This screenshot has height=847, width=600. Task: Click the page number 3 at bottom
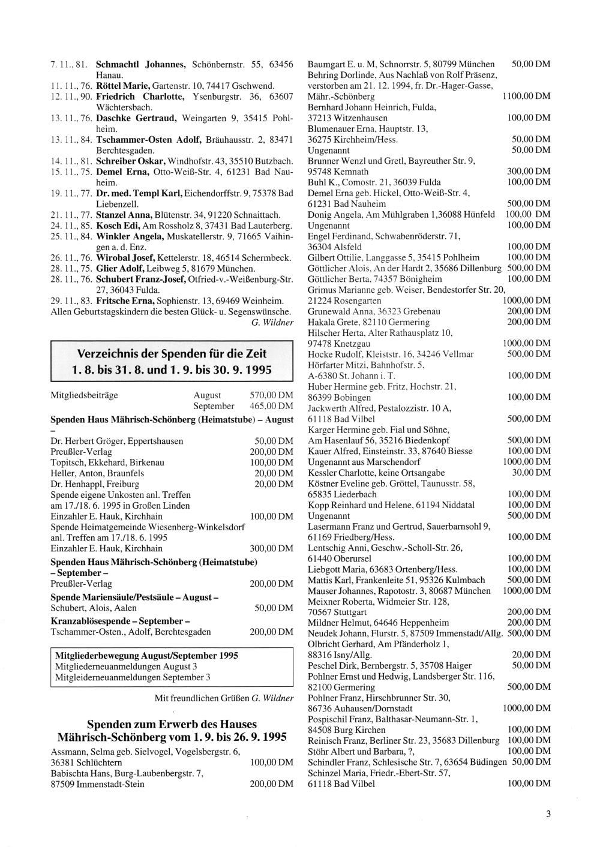[x=548, y=814]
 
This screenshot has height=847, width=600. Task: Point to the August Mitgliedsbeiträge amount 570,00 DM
[x=271, y=395]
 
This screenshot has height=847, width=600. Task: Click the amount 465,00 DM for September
[x=271, y=406]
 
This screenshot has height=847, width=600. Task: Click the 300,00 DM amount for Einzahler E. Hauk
[x=271, y=548]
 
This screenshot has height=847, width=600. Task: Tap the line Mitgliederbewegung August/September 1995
[x=146, y=656]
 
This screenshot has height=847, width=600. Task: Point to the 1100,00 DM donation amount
[x=526, y=97]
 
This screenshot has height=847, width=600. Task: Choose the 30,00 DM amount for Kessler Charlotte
[x=531, y=473]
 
